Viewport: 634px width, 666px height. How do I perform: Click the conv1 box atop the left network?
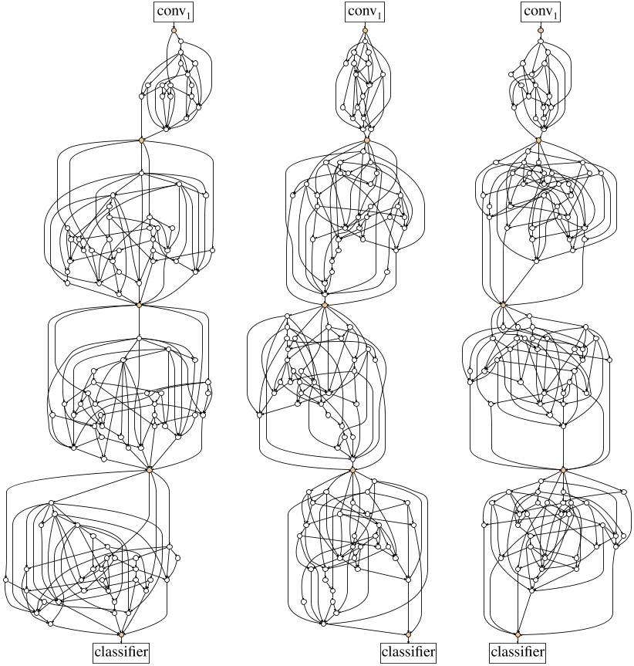click(x=174, y=12)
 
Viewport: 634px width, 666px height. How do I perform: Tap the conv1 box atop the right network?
click(x=541, y=12)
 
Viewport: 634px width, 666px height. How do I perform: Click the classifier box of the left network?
click(x=121, y=653)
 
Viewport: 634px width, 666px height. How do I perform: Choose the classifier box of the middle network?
click(x=409, y=653)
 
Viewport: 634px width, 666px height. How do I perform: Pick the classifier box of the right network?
click(x=518, y=653)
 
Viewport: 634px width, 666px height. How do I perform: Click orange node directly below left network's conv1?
click(x=174, y=30)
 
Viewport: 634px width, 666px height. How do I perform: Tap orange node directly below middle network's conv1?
click(x=365, y=30)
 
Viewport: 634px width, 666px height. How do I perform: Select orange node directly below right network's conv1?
click(x=541, y=30)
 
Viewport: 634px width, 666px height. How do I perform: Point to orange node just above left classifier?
click(x=121, y=634)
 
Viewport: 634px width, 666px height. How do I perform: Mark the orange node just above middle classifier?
click(x=409, y=634)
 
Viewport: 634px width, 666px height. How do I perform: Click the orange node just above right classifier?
click(x=518, y=634)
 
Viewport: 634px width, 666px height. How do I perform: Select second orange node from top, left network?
click(x=141, y=140)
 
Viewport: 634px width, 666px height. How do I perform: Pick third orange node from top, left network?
click(x=140, y=305)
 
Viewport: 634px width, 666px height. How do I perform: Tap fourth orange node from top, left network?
click(x=150, y=469)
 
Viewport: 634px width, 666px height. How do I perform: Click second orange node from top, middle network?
click(x=368, y=140)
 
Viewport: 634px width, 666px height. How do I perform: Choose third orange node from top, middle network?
click(x=325, y=305)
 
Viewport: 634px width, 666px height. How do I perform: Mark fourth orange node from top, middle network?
click(x=352, y=469)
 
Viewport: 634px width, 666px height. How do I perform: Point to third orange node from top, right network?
click(x=503, y=305)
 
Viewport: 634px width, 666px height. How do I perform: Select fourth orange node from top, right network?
click(x=563, y=469)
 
